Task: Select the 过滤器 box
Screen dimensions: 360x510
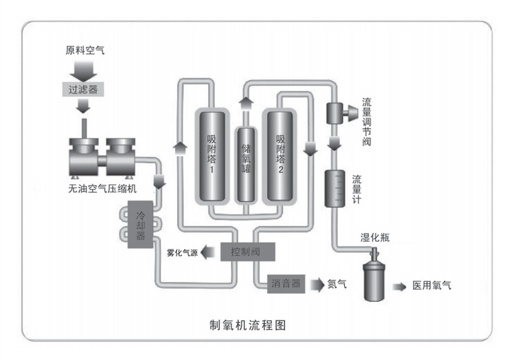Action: coord(83,89)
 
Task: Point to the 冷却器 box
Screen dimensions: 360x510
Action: coord(140,225)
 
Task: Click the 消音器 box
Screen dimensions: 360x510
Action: coord(286,284)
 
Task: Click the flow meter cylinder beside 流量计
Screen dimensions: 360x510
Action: coord(333,188)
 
